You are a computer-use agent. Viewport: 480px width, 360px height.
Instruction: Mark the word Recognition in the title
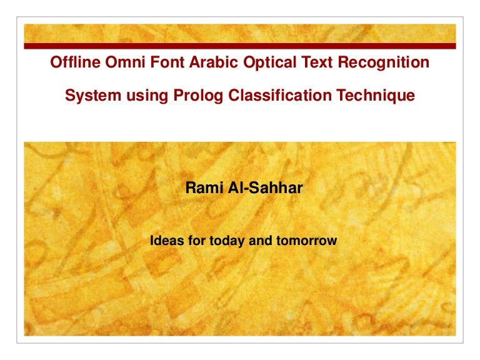357,62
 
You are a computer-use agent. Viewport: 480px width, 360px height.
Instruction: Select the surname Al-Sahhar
262,187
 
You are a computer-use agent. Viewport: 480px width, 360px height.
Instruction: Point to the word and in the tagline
257,240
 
